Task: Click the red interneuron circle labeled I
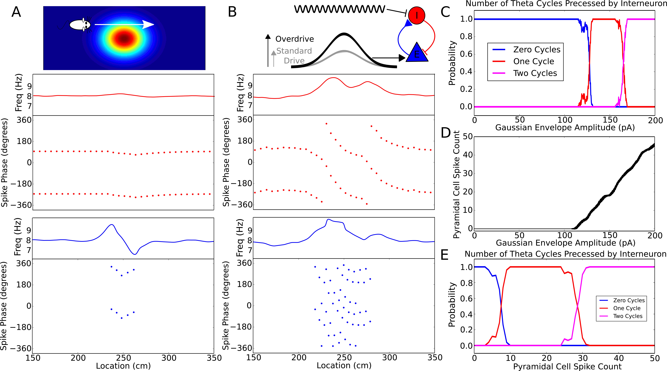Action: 416,16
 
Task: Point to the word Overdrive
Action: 294,39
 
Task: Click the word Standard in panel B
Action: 294,51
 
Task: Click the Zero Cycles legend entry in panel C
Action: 536,49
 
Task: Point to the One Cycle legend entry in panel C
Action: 533,61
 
